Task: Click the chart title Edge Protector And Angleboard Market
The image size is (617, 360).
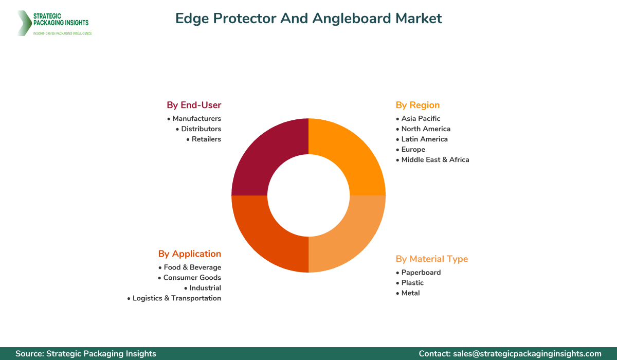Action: point(308,19)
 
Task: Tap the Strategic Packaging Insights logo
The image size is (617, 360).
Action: point(54,23)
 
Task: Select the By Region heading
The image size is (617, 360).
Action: point(418,105)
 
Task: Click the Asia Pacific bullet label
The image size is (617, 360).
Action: point(421,118)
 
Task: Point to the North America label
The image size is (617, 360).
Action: point(426,129)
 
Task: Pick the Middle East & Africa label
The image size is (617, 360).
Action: point(435,159)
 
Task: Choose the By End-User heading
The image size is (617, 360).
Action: point(194,105)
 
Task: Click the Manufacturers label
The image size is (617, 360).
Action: point(196,118)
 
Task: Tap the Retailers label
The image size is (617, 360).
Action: point(206,139)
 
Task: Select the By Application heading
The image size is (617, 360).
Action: point(190,254)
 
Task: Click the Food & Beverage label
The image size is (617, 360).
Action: point(192,267)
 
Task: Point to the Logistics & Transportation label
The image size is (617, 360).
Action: point(176,298)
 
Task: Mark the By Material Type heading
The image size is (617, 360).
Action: point(432,259)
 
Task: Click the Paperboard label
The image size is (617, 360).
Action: point(421,273)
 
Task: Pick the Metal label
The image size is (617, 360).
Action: point(410,293)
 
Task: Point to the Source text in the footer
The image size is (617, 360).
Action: point(86,354)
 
